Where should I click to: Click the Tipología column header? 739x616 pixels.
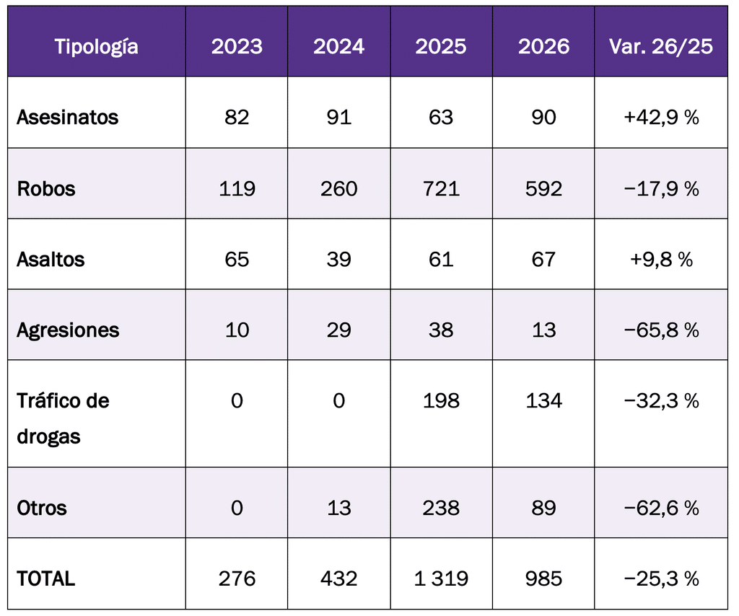coord(97,47)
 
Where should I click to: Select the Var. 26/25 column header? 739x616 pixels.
coord(661,46)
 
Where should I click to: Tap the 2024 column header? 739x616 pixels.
coord(339,46)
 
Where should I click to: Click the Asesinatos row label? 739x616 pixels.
coord(67,117)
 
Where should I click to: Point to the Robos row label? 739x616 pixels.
coord(46,188)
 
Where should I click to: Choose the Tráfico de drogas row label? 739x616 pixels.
coord(64,418)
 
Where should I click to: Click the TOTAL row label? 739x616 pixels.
coord(45,578)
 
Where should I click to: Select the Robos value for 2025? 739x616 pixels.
coord(441,188)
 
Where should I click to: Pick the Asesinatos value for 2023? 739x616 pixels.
coord(237,117)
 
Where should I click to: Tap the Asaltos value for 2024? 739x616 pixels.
coord(339,259)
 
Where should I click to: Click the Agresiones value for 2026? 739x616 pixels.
coord(543,330)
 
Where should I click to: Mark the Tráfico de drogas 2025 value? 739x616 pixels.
coord(441,400)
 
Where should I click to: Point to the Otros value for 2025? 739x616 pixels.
coord(441,508)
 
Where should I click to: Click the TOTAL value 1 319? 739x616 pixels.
coord(441,578)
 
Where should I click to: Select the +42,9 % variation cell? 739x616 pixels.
coord(661,117)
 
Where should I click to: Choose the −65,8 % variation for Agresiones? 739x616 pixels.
coord(661,330)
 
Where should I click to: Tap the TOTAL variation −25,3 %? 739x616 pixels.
coord(661,578)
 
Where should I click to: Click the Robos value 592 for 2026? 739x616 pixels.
coord(543,188)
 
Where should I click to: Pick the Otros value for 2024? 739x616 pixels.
coord(339,508)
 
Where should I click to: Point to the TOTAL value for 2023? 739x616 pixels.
coord(237,578)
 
